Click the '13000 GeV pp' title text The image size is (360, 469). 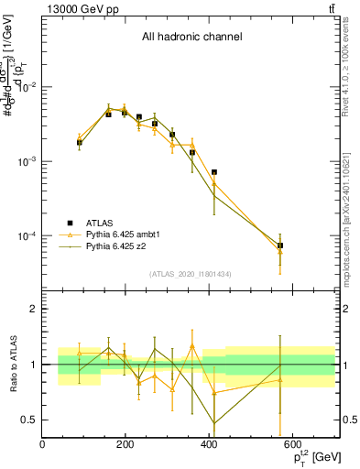click(78, 9)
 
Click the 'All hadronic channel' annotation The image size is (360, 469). click(191, 38)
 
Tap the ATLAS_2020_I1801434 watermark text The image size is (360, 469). click(191, 275)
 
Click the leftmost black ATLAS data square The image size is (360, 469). click(80, 143)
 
